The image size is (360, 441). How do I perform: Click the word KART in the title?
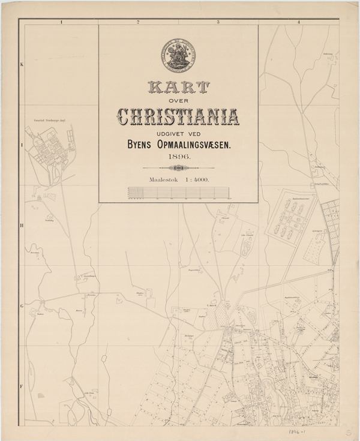178,89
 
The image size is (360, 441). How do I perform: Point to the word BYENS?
137,145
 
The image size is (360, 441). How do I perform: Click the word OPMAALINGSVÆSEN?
198,145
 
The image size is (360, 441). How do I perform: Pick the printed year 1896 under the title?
178,157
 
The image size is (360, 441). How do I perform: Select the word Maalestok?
160,179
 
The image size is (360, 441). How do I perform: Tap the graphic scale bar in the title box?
178,192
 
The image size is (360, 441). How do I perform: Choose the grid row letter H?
22,226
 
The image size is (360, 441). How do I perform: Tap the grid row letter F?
22,386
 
